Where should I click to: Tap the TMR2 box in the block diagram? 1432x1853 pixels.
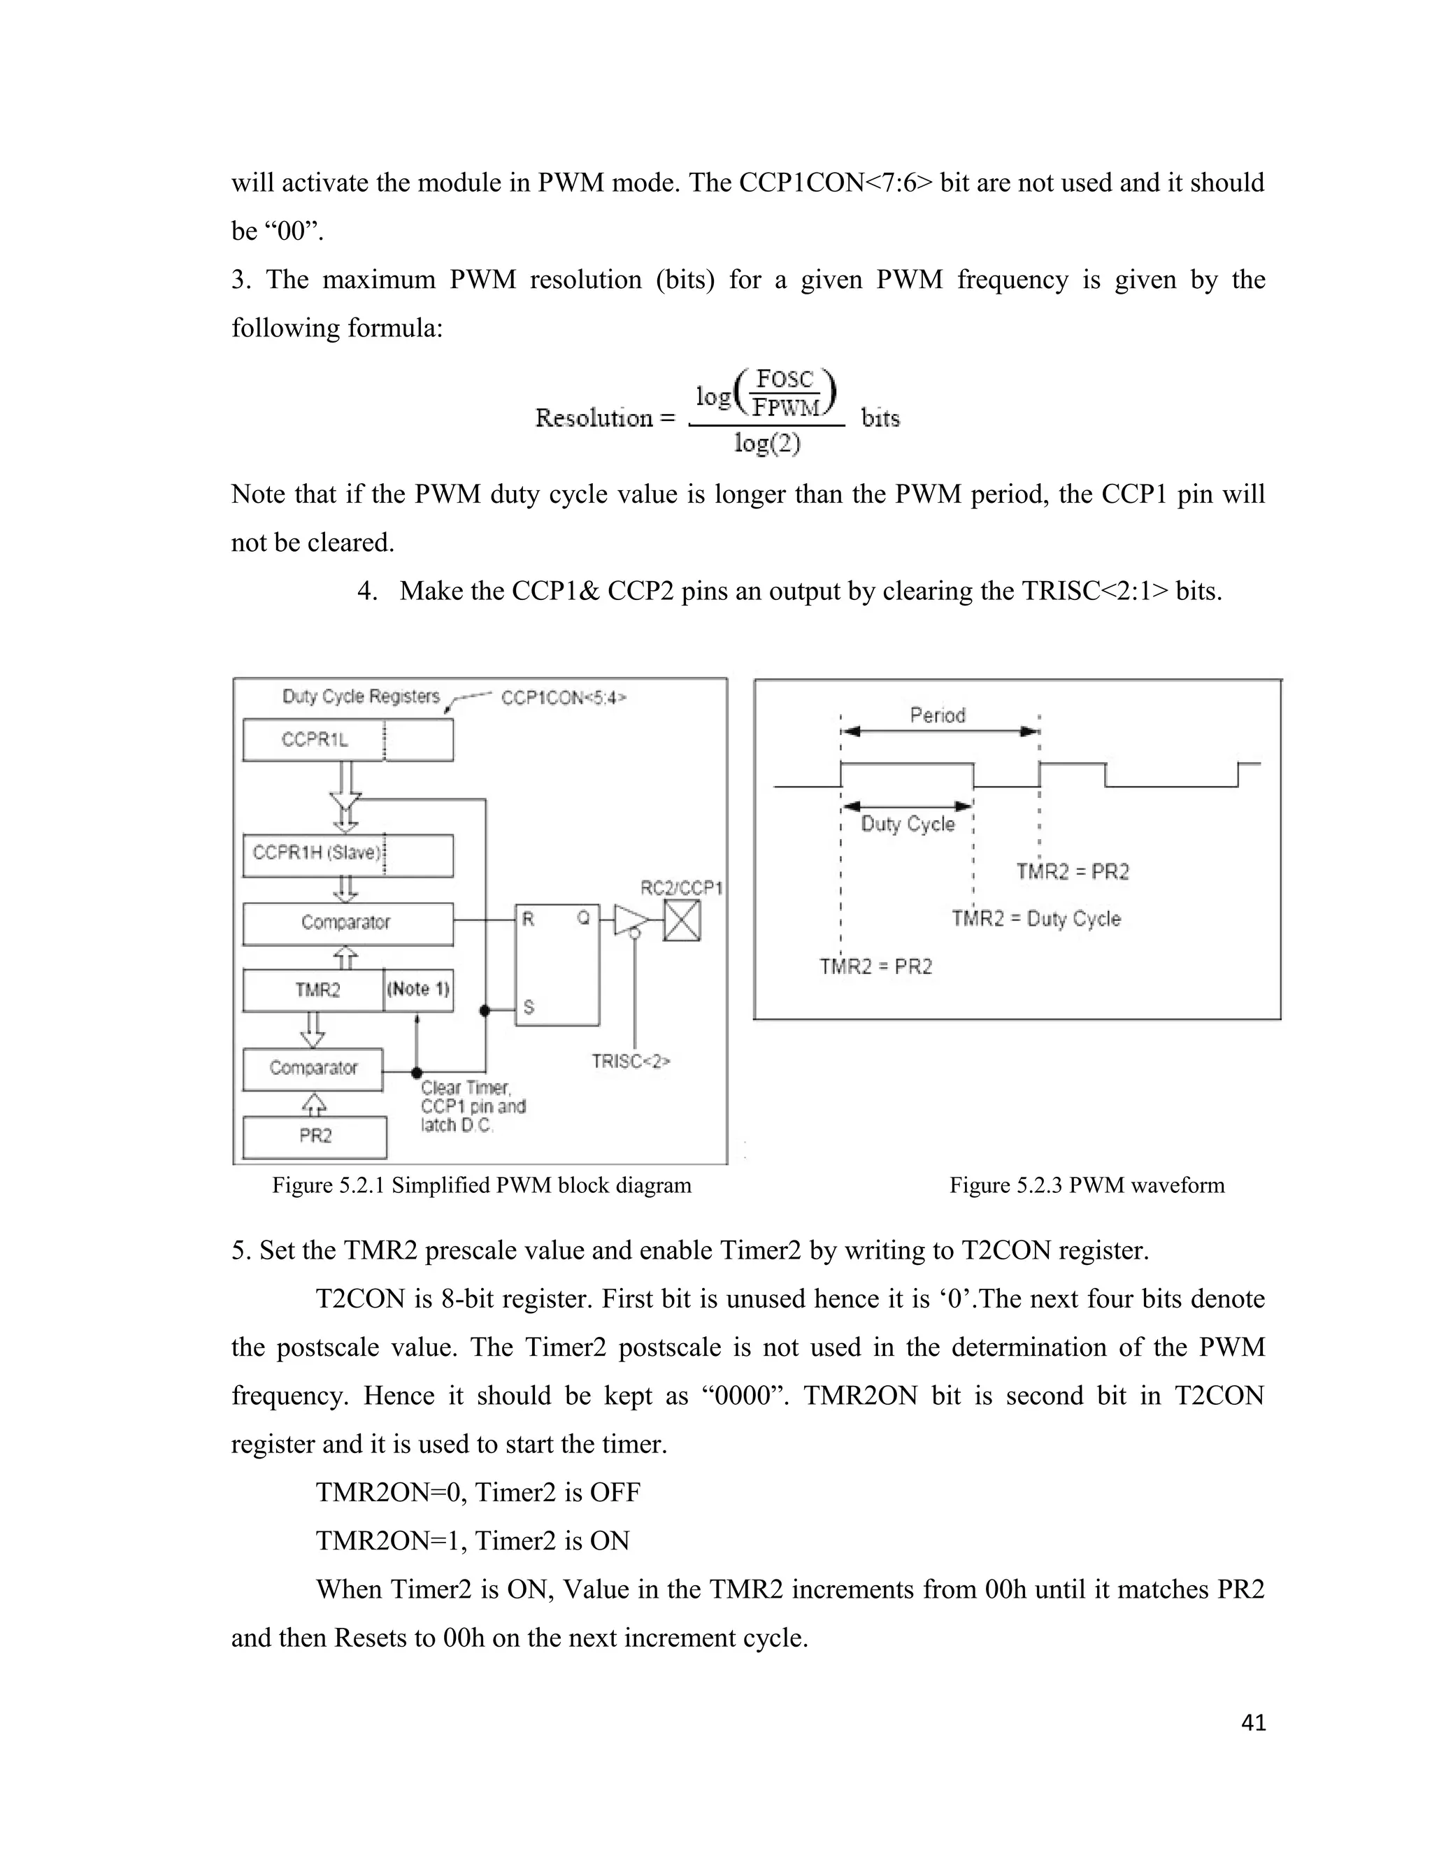(x=314, y=990)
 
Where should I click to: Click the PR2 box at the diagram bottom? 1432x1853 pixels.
(x=315, y=1136)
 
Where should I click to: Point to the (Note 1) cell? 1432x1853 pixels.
(x=418, y=990)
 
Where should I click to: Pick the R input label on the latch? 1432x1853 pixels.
(x=528, y=920)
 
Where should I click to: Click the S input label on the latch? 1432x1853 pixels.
(x=529, y=1007)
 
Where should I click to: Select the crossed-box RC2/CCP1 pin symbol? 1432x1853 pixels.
(x=682, y=922)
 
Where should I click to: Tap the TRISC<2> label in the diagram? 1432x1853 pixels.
(x=630, y=1061)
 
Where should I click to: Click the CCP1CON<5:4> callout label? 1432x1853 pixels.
(x=564, y=697)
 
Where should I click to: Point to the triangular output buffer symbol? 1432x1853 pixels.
(x=630, y=921)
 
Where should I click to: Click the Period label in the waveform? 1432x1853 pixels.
(x=938, y=715)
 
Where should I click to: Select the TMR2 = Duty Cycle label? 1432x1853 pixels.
(x=1036, y=919)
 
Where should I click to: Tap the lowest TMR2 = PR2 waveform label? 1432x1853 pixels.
(x=875, y=966)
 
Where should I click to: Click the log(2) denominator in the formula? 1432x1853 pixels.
(x=767, y=443)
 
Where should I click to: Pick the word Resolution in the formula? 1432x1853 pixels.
(x=595, y=417)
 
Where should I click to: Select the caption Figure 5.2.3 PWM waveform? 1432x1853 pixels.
(x=1087, y=1185)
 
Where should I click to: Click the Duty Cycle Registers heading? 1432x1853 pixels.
(x=361, y=696)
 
